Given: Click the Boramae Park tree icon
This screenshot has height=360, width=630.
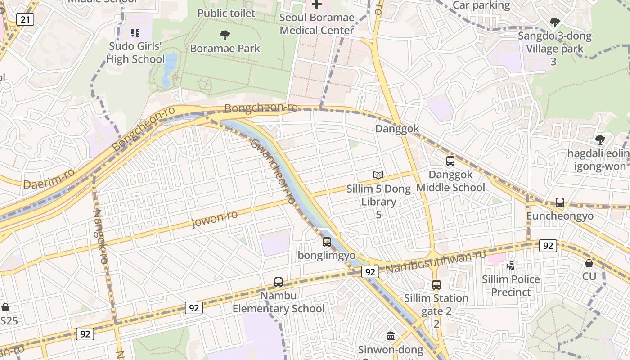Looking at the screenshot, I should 225,35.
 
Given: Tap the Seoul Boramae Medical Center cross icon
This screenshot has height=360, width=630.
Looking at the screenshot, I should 317,4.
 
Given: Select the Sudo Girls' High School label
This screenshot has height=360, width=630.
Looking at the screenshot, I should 135,53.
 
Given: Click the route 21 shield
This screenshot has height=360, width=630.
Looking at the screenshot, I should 25,19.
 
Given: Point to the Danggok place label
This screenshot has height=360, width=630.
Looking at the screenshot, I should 397,129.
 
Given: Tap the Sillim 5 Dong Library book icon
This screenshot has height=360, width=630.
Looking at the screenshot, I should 378,175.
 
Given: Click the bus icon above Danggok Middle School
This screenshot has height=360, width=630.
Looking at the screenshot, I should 450,161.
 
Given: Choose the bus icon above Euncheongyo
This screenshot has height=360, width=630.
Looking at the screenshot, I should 560,202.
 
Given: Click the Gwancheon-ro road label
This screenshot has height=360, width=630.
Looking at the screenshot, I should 273,171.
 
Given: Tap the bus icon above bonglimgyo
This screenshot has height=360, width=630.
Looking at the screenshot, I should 327,242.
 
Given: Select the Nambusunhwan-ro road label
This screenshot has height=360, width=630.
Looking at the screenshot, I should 436,261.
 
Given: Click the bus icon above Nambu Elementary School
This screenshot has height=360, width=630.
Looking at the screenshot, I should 279,282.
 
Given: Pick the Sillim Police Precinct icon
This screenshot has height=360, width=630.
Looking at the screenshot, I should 511,266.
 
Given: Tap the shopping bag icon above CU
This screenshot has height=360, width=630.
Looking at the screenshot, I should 589,263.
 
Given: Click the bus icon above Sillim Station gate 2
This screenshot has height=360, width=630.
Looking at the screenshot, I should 436,284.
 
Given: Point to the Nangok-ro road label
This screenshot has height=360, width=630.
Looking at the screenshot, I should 100,236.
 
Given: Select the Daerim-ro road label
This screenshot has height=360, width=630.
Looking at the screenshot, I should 49,179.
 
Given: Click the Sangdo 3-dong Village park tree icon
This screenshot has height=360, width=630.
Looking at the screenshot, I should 555,22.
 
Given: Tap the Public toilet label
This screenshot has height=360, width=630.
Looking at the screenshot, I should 226,13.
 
